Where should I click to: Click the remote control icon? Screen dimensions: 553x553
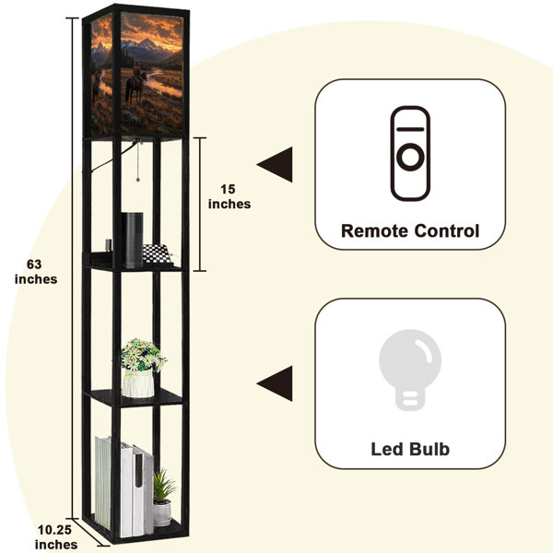coord(410,153)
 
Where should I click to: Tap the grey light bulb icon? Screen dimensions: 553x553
coord(410,370)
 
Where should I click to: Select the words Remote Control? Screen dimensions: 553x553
coord(410,231)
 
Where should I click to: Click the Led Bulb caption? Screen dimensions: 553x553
coord(410,450)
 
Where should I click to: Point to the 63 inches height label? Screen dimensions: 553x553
coord(36,272)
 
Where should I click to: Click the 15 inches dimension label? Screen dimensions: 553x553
coord(229,196)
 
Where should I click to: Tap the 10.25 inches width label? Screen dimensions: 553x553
coord(55,536)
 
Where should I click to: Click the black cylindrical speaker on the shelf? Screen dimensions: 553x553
coord(132,240)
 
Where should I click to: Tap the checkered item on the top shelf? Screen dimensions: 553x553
coord(157,254)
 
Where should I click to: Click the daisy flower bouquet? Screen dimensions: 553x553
coord(143,355)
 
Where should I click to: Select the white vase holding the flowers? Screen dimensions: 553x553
coord(138,383)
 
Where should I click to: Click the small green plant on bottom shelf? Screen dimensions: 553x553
coord(163,486)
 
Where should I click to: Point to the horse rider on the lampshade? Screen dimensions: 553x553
coord(136,82)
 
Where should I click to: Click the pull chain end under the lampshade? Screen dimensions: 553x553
coord(138,180)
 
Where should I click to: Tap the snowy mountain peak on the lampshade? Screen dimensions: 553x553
coord(146,43)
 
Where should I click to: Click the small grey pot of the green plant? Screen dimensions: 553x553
coord(162,513)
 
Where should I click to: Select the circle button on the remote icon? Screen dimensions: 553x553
coord(410,157)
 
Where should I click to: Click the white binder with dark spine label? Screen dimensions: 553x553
coord(137,491)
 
